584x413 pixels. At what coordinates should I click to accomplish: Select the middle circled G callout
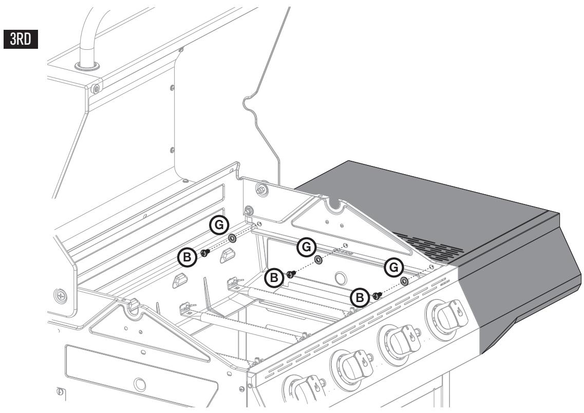point(307,247)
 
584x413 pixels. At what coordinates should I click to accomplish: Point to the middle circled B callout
point(275,278)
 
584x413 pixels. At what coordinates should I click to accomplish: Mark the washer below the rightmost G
point(404,281)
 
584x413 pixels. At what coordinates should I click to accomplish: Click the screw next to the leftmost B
point(204,252)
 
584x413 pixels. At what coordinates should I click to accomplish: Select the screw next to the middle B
point(291,274)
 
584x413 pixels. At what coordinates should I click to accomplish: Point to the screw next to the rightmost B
point(376,295)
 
